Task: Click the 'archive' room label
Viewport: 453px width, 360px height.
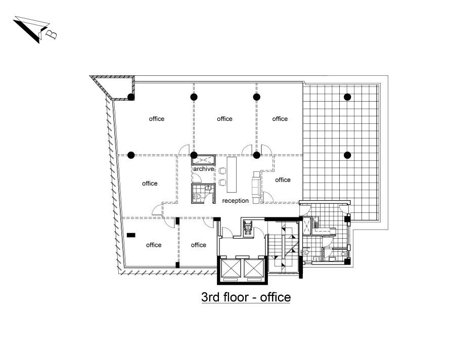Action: coord(204,169)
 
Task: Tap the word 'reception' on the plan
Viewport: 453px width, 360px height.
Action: coord(235,201)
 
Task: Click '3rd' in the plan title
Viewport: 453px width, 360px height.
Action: coord(211,297)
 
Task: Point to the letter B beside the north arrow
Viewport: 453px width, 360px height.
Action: coord(52,34)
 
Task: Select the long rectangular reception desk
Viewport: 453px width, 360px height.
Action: coord(232,174)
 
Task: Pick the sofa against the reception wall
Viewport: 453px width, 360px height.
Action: coord(256,187)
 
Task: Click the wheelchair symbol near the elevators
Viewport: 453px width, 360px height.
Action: coord(248,228)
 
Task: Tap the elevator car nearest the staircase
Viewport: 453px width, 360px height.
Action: coord(254,268)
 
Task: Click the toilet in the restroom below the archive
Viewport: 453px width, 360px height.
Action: coord(197,197)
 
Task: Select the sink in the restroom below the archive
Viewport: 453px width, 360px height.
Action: coord(208,188)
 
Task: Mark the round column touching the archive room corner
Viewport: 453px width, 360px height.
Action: coord(194,155)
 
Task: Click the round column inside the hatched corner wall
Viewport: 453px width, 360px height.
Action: coord(131,97)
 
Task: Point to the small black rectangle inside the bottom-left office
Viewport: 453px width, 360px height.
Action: coord(131,235)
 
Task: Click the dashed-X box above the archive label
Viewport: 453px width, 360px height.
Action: coord(203,160)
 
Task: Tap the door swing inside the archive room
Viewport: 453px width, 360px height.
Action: coord(197,178)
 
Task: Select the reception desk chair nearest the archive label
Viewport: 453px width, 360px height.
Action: coord(222,171)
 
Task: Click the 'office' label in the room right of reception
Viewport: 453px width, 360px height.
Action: coord(283,180)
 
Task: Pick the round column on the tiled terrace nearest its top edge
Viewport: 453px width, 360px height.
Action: coord(347,97)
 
